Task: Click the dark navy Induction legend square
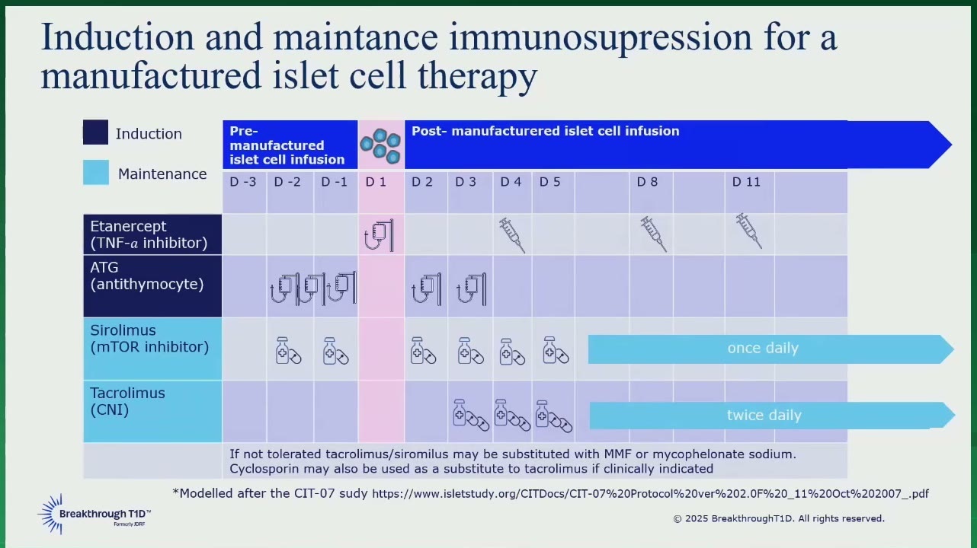point(95,132)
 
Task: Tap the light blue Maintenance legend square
point(96,173)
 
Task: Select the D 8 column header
point(647,182)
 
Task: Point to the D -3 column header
point(243,182)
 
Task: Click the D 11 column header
point(746,182)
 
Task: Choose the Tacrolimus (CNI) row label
point(127,401)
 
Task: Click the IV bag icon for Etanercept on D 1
point(379,235)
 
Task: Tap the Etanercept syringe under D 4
point(512,235)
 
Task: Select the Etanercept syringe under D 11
point(749,231)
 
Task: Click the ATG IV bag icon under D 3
point(472,289)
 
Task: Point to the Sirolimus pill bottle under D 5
point(556,350)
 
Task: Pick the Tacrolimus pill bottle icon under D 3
point(471,415)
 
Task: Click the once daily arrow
point(770,349)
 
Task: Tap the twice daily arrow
point(772,415)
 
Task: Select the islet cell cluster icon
point(380,145)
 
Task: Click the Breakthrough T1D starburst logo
point(52,514)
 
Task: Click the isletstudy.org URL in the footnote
point(650,493)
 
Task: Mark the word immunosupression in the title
point(601,38)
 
